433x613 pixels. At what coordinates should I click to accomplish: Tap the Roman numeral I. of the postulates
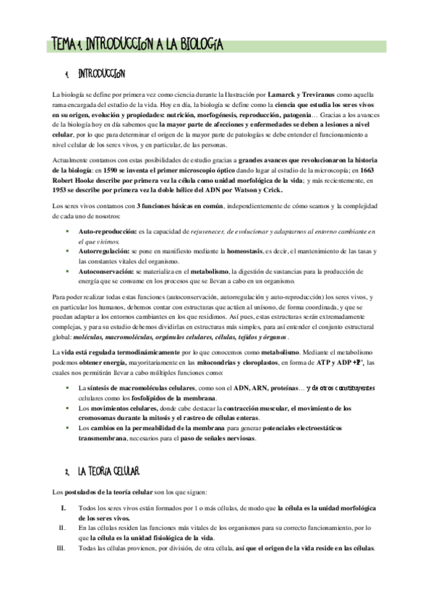[x=64, y=507]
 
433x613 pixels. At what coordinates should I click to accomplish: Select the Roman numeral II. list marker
[x=62, y=528]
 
